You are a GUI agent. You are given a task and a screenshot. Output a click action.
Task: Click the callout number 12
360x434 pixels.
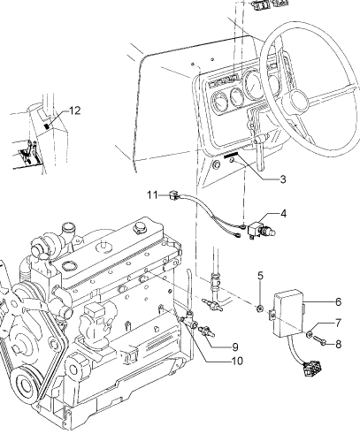tap(75, 110)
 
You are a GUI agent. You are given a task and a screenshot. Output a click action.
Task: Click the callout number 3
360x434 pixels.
tap(283, 179)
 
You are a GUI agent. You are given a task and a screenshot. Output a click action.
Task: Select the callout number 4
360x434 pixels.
tap(283, 214)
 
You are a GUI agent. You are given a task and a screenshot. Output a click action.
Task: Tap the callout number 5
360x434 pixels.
tap(260, 276)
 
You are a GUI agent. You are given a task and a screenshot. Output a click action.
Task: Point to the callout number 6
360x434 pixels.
tap(338, 301)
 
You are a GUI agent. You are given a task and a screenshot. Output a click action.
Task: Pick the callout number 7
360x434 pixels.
tap(338, 324)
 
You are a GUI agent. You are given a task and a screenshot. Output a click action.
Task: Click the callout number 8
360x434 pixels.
tap(338, 344)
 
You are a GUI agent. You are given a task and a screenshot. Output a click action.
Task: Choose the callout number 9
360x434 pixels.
tap(235, 347)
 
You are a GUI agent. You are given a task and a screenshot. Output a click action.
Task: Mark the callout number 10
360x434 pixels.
tap(237, 361)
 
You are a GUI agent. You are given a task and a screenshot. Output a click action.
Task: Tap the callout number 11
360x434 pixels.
tap(152, 195)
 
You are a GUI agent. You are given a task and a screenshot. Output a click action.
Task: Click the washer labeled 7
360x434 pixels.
tap(310, 334)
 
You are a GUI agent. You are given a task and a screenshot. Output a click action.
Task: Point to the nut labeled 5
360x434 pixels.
tap(260, 308)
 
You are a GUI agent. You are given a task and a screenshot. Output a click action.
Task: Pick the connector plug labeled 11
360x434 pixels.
tap(173, 195)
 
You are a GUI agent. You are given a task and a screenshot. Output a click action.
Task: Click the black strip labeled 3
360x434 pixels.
tap(231, 156)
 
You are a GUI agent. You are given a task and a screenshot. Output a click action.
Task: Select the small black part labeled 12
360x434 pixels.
tap(47, 126)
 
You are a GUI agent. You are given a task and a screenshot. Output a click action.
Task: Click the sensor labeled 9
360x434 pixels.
tap(207, 331)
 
